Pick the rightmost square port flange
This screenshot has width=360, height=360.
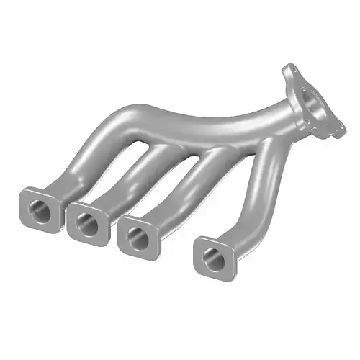[x=215, y=256]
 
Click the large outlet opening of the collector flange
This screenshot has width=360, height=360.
[x=315, y=107]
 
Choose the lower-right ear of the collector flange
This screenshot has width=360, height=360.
[x=333, y=131]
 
